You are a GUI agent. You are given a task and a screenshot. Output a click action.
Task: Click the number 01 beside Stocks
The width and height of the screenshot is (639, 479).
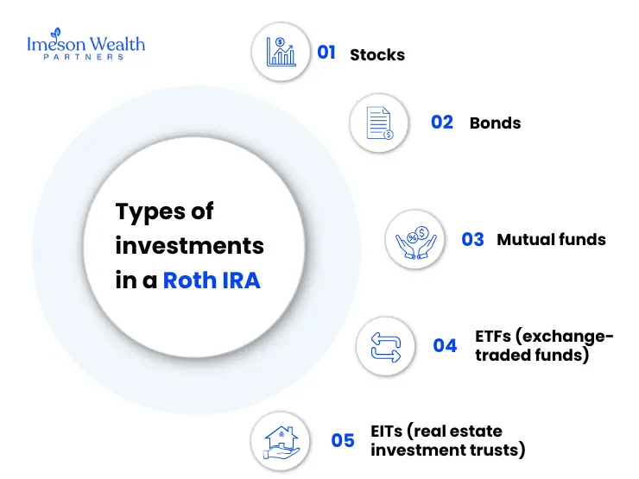point(326,53)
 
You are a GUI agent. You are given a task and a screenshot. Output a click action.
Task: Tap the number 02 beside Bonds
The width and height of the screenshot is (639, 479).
point(442,123)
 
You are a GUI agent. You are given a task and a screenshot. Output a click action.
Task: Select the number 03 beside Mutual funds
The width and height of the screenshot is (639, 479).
point(472,239)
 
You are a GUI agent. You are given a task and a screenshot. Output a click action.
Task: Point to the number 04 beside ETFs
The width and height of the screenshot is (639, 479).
point(445,346)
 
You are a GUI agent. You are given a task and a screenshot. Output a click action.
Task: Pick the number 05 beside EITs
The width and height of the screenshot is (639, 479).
point(343,440)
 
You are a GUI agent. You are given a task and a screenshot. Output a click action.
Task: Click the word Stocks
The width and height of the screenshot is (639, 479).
point(377,54)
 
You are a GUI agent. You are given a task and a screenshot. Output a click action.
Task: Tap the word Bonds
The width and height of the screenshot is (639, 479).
point(495,123)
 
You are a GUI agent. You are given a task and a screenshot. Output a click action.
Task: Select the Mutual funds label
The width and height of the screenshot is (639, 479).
point(551,239)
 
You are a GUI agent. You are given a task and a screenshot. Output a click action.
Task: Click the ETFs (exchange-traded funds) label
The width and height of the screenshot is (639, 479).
point(544,345)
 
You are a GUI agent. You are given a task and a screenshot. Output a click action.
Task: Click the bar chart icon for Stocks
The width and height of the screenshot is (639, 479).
point(281,52)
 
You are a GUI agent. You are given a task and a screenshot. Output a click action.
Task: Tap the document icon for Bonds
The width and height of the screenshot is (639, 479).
point(380,123)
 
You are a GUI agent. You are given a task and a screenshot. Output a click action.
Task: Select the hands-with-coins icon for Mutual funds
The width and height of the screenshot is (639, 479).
point(415,238)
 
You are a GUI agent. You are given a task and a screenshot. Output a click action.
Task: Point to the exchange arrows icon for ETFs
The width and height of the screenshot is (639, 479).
point(386,345)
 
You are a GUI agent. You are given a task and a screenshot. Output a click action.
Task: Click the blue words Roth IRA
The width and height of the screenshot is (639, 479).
point(212,280)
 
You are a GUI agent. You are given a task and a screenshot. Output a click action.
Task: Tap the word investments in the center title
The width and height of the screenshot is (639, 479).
point(189,246)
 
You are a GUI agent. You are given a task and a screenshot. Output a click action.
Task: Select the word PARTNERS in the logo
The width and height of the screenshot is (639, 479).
point(85,57)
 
